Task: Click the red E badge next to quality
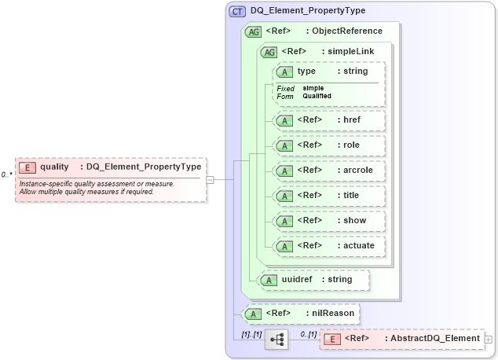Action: tap(27, 167)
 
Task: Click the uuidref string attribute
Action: tap(314, 279)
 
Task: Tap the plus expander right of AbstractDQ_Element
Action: tap(489, 339)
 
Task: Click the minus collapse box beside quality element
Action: tap(210, 179)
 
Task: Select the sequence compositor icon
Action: tap(276, 340)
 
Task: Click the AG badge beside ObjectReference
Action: tap(253, 31)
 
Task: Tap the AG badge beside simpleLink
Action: tap(269, 52)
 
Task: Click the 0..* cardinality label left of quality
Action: tap(6, 174)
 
